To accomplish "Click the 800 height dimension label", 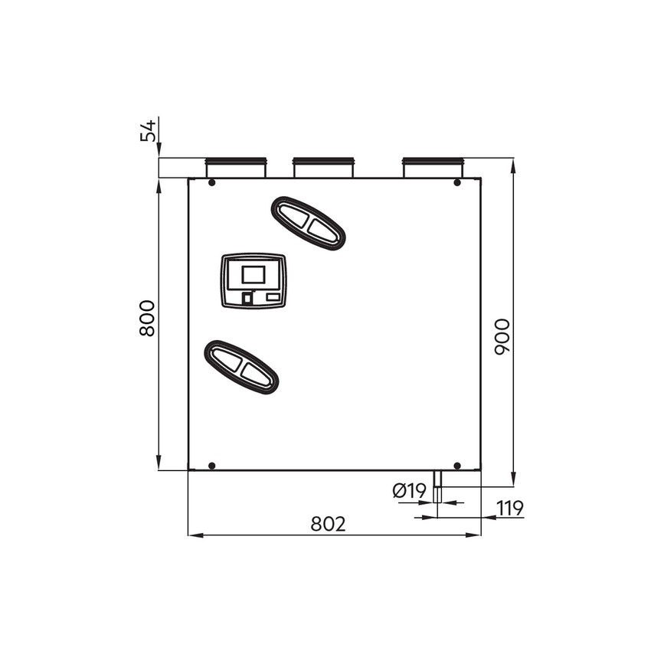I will [x=147, y=318].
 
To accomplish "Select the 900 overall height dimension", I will [x=502, y=335].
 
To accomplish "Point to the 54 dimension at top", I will [x=148, y=129].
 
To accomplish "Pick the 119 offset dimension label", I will [x=509, y=507].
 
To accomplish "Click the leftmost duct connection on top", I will [x=235, y=168].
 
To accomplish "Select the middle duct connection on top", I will [x=324, y=168].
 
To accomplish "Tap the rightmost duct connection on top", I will [x=433, y=168].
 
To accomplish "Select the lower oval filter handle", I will [x=240, y=367].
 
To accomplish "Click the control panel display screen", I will [x=254, y=273].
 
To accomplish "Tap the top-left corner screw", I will [x=211, y=182].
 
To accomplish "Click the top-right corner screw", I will [x=457, y=182].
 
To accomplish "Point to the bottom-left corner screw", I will [x=211, y=466].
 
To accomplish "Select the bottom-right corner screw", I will [x=457, y=466].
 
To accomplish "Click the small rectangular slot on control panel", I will [x=273, y=296].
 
